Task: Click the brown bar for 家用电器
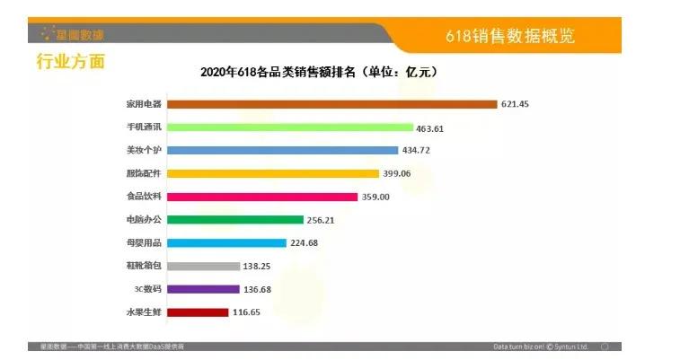coord(332,104)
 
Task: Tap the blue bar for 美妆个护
coord(283,151)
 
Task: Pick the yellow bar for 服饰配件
coord(273,173)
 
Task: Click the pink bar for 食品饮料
coord(264,197)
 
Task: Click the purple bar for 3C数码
coord(204,289)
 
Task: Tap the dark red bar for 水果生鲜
coord(199,312)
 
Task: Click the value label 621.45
coord(516,104)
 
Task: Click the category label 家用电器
coord(144,104)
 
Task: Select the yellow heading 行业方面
coord(70,62)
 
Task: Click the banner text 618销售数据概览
coord(509,37)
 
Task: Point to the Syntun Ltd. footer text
coord(543,346)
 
